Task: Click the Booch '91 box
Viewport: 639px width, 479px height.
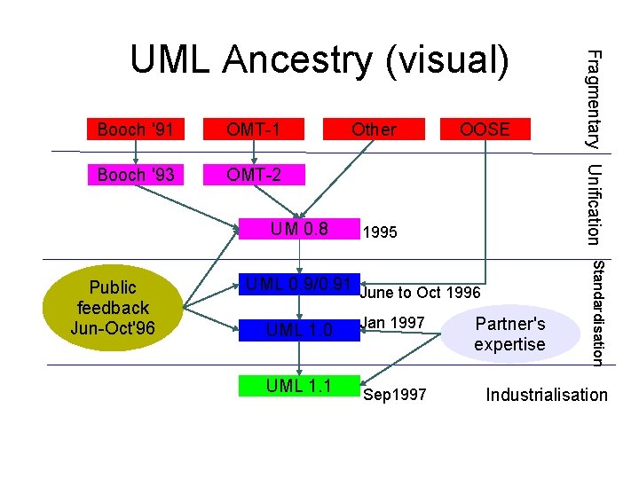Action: coord(135,130)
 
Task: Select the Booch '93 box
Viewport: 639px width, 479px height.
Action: coord(135,175)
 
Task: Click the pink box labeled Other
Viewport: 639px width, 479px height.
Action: coord(374,130)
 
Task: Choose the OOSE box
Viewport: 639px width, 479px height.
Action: coord(485,130)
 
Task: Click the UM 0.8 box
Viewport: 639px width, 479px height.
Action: coord(300,230)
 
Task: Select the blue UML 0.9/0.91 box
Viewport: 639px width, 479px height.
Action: coord(300,286)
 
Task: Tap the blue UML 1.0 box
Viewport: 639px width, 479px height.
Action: coord(300,330)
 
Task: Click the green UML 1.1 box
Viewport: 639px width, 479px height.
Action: coord(300,385)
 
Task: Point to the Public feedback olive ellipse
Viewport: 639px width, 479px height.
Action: coord(113,308)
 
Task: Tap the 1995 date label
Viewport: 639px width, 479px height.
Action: coord(380,233)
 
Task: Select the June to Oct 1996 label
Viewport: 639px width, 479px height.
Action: coord(421,293)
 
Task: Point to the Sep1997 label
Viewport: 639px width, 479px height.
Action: coord(394,395)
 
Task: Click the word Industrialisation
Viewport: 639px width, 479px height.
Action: coord(547,396)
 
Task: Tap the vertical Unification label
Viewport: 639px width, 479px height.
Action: coord(596,204)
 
